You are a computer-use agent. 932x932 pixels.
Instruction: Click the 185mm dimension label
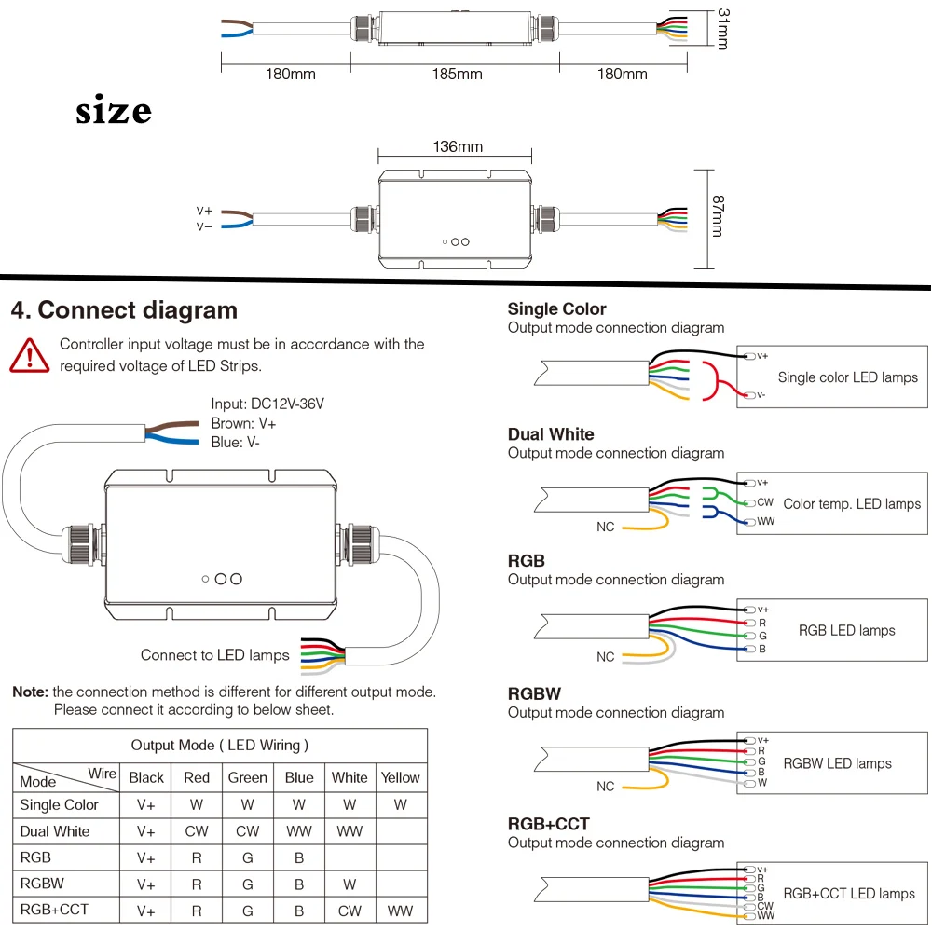click(457, 75)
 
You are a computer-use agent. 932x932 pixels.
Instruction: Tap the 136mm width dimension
click(458, 147)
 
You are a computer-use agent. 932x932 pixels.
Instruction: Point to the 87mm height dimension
click(718, 216)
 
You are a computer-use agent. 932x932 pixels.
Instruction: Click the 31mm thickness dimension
click(723, 29)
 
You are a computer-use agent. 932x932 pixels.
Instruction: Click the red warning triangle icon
click(29, 356)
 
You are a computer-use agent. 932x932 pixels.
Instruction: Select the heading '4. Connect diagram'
click(124, 310)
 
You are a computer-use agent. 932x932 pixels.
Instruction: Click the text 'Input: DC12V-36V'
click(267, 404)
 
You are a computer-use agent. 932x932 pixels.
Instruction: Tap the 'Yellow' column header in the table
click(400, 777)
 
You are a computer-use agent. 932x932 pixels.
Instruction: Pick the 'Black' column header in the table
click(146, 777)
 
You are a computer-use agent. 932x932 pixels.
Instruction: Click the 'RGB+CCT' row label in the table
click(54, 910)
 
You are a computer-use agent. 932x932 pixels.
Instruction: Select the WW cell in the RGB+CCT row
click(400, 911)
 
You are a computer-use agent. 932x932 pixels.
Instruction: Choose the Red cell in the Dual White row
click(197, 831)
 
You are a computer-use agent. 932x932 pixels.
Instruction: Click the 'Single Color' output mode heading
click(557, 309)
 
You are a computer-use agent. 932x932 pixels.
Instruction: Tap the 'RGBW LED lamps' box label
click(837, 763)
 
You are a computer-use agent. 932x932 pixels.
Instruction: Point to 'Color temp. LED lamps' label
click(852, 504)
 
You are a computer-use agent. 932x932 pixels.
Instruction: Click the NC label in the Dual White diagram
click(605, 527)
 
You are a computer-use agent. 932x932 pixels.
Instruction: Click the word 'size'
click(114, 110)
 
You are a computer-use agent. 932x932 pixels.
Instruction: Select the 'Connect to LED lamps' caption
click(214, 655)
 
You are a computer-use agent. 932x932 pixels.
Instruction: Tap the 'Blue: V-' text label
click(236, 442)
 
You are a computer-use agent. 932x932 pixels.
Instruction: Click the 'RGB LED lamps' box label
click(846, 631)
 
